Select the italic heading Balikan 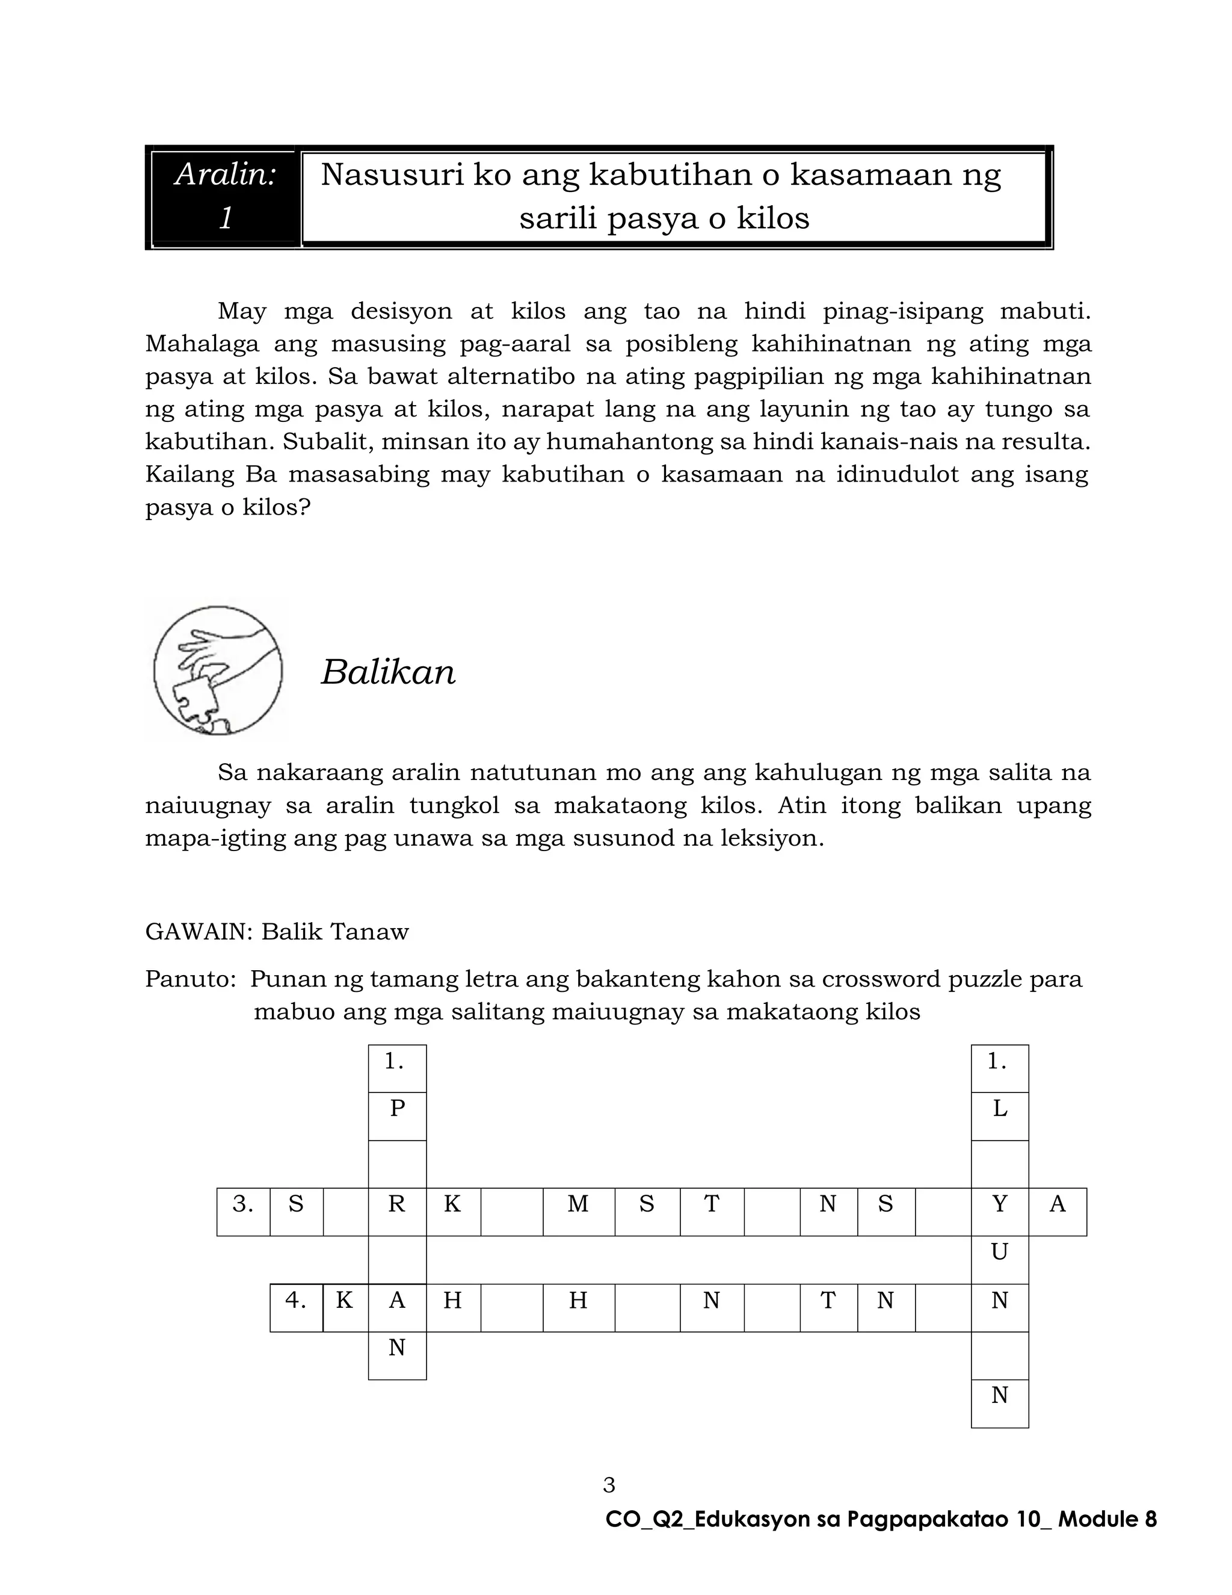pyautogui.click(x=387, y=672)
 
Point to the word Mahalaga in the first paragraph pyautogui.click(x=201, y=344)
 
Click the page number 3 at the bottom pyautogui.click(x=609, y=1485)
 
